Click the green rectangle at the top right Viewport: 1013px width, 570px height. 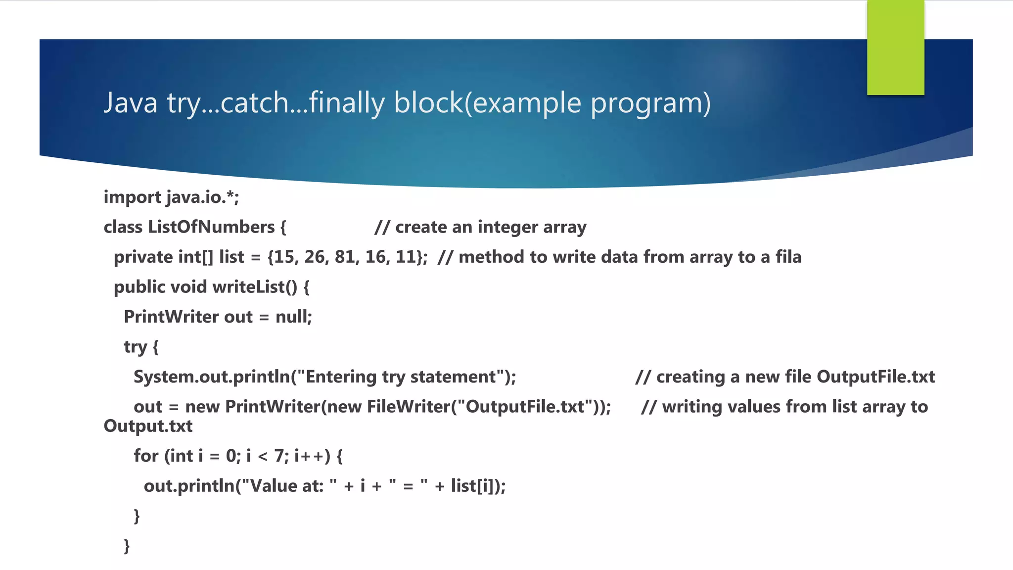(895, 47)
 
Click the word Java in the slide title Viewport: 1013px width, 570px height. (131, 103)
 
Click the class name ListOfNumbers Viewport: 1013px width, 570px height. (211, 227)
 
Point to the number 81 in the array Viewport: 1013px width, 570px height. (345, 257)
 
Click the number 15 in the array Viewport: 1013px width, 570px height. (284, 257)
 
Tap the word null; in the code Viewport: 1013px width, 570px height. (294, 317)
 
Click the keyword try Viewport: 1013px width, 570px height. (135, 347)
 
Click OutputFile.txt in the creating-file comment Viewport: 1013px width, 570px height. (875, 377)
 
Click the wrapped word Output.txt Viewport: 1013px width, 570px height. (148, 426)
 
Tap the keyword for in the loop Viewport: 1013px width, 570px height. (146, 456)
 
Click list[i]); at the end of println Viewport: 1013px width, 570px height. (478, 486)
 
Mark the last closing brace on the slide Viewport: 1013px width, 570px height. (127, 546)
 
